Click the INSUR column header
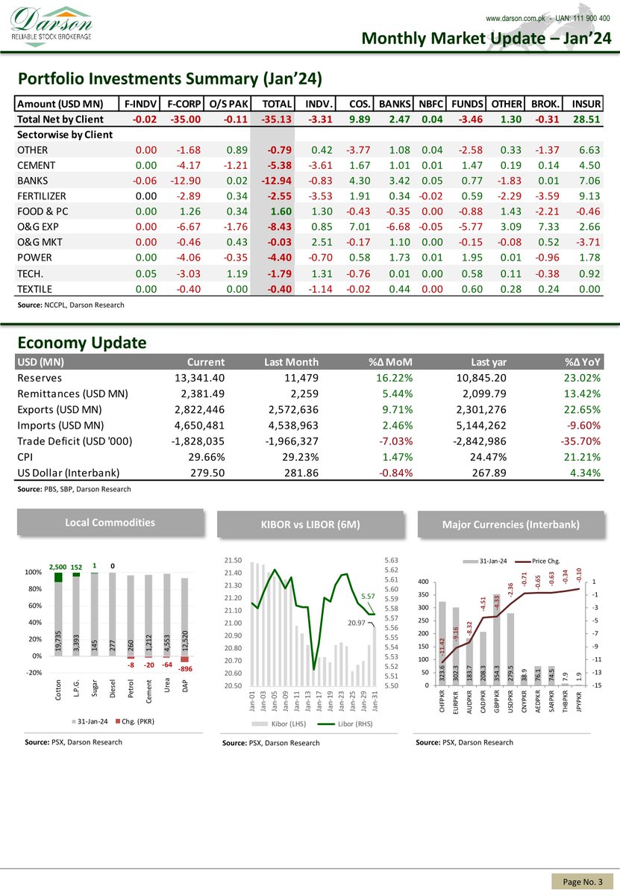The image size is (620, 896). coord(586,103)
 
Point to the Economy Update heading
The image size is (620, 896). coord(81,343)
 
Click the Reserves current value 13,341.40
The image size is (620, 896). coord(198,379)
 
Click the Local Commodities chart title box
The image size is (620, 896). coord(110,522)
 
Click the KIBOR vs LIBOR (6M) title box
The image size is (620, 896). coord(310,525)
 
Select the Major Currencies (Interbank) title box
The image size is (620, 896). coord(510,525)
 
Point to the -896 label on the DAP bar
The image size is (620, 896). coord(186,669)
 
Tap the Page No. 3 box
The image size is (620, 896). coord(582,882)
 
